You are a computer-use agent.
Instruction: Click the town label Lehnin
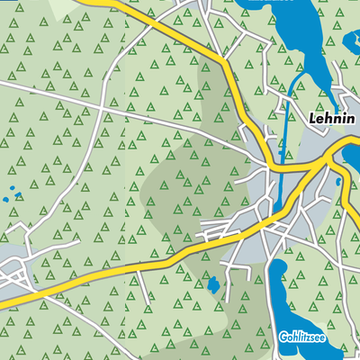coord(332,117)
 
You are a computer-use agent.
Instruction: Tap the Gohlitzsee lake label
coord(307,337)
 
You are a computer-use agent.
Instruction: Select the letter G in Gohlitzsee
coord(282,337)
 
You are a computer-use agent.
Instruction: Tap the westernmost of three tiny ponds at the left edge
coord(6,198)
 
